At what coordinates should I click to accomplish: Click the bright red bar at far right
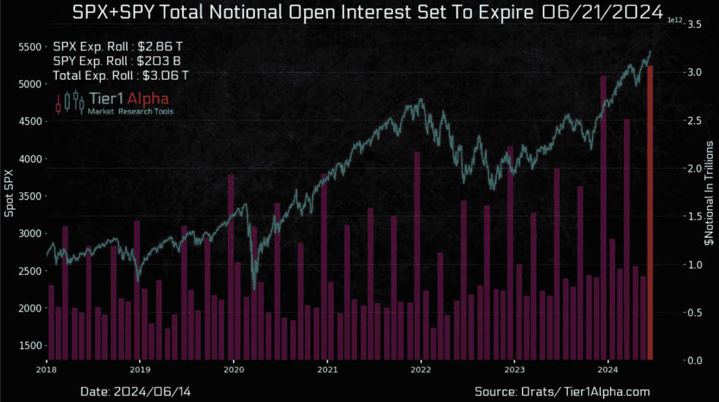point(650,213)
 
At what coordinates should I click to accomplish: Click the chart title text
point(359,13)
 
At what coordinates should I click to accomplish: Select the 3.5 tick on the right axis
point(695,24)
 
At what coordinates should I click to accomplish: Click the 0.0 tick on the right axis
point(695,361)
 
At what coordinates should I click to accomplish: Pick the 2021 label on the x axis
point(327,371)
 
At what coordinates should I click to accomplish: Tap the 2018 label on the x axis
point(47,371)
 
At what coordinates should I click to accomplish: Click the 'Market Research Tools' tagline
point(131,111)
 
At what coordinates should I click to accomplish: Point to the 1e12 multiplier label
point(675,20)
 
